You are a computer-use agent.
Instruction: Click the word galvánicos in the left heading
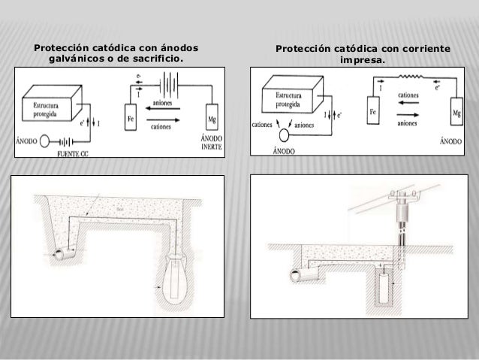click(77, 59)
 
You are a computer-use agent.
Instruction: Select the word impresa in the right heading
click(363, 61)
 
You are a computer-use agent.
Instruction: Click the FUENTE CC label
click(73, 153)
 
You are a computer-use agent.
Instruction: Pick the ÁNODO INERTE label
click(213, 142)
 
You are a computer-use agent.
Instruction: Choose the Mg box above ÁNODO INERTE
click(212, 117)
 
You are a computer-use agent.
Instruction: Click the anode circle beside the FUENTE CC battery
click(44, 140)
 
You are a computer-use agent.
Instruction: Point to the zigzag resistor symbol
click(411, 77)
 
